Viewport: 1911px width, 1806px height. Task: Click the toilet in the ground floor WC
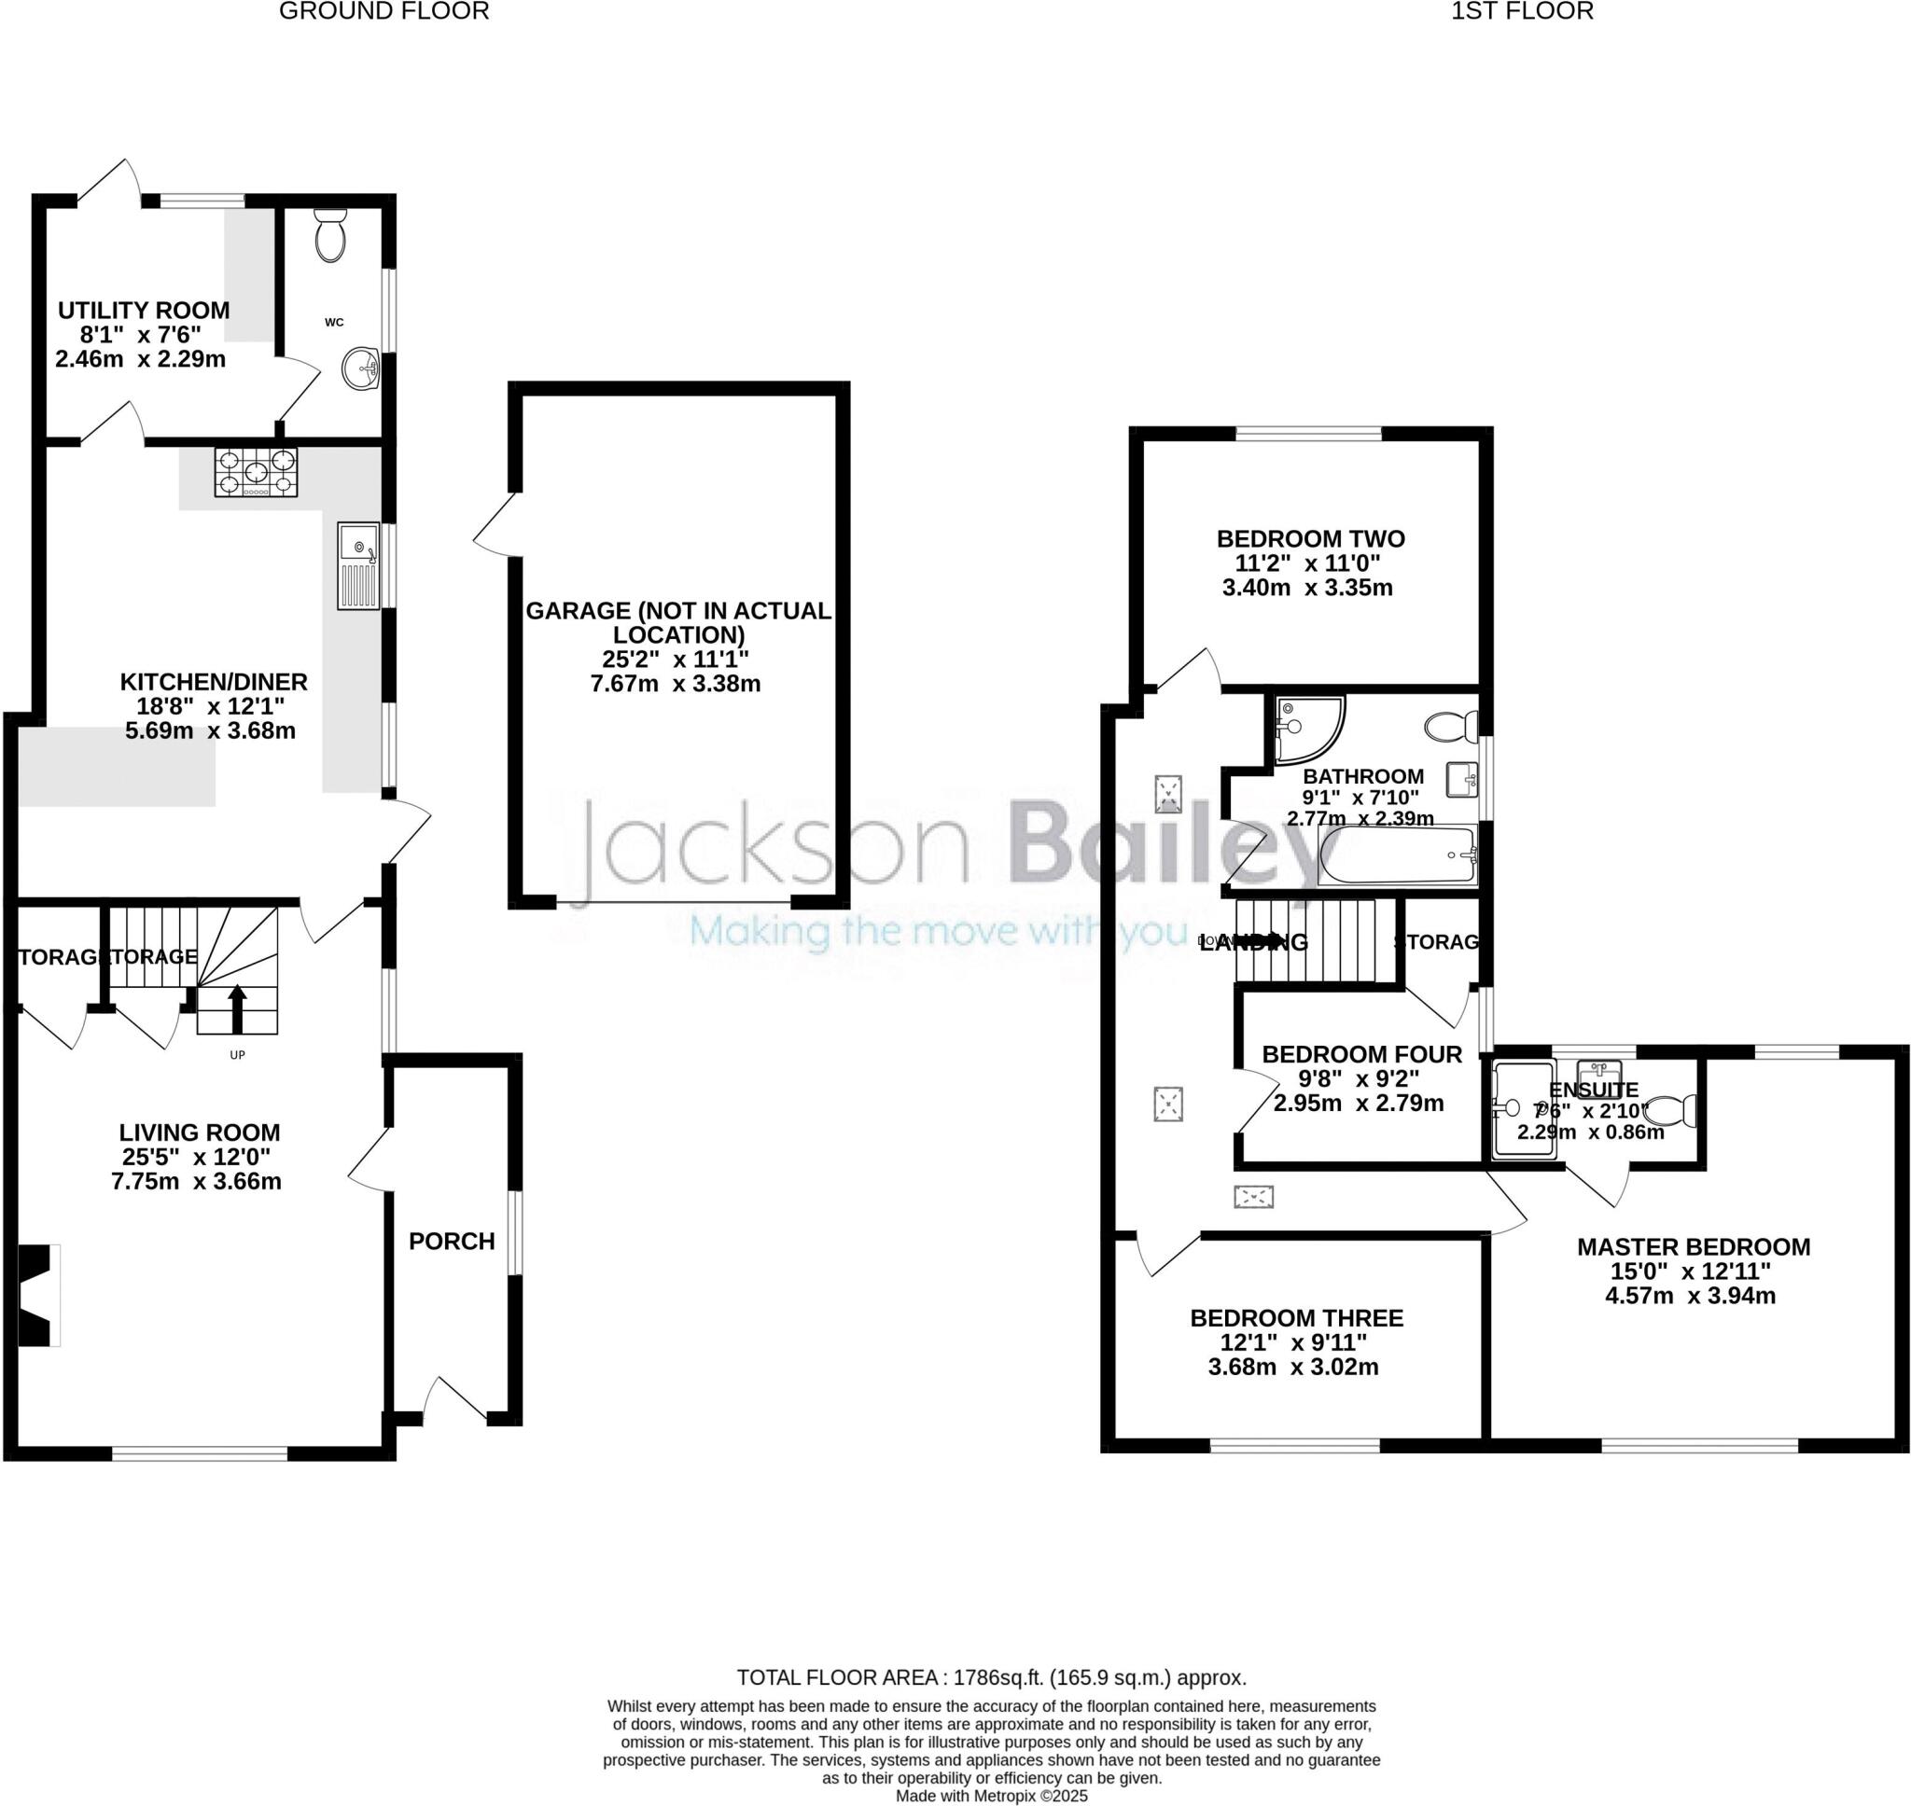tap(330, 237)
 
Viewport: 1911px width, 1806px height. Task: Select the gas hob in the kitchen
tap(255, 472)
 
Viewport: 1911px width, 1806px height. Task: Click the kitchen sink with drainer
tap(358, 566)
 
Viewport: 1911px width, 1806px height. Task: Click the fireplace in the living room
tap(38, 1295)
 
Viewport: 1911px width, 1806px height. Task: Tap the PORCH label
tap(452, 1241)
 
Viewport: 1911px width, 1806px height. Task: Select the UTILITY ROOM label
tap(144, 310)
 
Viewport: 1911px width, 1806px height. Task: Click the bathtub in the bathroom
tap(1397, 854)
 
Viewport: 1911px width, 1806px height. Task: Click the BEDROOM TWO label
tap(1310, 538)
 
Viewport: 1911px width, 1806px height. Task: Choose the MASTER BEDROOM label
tap(1693, 1246)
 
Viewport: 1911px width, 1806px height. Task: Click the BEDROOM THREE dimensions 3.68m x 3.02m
tap(1293, 1367)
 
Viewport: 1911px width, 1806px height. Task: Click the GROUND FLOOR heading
tap(384, 11)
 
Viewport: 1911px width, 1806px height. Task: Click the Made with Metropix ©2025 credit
tap(992, 1797)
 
